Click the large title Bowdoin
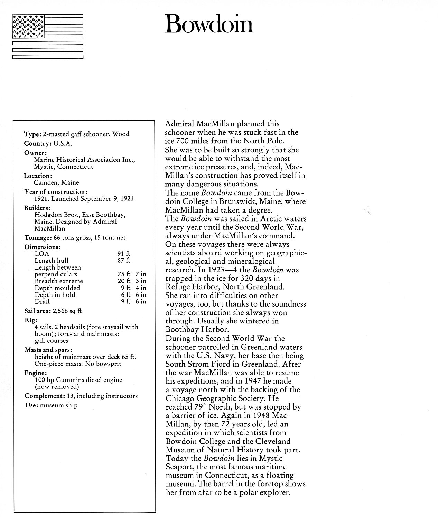[209, 23]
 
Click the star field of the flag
[28, 26]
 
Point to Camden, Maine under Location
[56, 182]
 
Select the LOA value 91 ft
[124, 254]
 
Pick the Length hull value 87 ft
[124, 261]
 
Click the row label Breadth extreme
[58, 281]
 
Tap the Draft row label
[42, 301]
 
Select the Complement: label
[43, 396]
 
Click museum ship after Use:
[58, 405]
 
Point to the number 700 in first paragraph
[184, 141]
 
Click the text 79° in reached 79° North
[201, 407]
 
